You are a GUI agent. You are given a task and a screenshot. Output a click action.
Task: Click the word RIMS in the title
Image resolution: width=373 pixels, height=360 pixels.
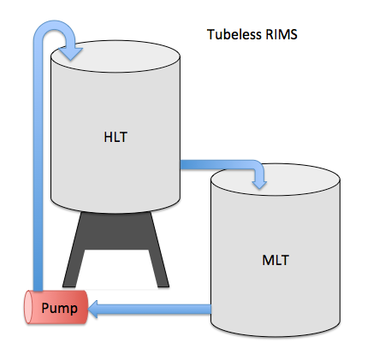tap(281, 34)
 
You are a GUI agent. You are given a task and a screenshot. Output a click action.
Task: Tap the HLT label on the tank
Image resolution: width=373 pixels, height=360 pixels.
tap(115, 137)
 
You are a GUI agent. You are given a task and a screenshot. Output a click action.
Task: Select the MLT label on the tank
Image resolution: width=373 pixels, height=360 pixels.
tap(275, 260)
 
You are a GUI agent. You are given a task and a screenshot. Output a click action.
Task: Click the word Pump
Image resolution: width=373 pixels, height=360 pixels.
tap(59, 308)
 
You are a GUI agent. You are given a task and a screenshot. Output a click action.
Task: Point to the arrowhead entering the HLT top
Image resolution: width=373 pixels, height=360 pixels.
tap(71, 54)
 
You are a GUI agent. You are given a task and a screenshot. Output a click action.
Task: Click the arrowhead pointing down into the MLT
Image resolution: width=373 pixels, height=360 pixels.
tap(259, 184)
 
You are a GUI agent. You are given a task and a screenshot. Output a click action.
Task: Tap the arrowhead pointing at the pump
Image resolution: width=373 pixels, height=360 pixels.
tap(93, 309)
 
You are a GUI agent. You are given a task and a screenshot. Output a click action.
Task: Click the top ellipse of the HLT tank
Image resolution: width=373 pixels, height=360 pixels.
tap(115, 56)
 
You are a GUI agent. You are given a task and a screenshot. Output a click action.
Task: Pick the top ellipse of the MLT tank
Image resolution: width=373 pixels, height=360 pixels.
tap(275, 180)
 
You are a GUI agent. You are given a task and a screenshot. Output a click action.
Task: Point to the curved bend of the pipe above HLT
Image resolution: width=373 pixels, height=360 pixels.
tap(54, 25)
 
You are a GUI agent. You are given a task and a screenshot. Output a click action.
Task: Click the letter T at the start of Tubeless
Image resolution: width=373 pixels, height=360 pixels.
tap(210, 34)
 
